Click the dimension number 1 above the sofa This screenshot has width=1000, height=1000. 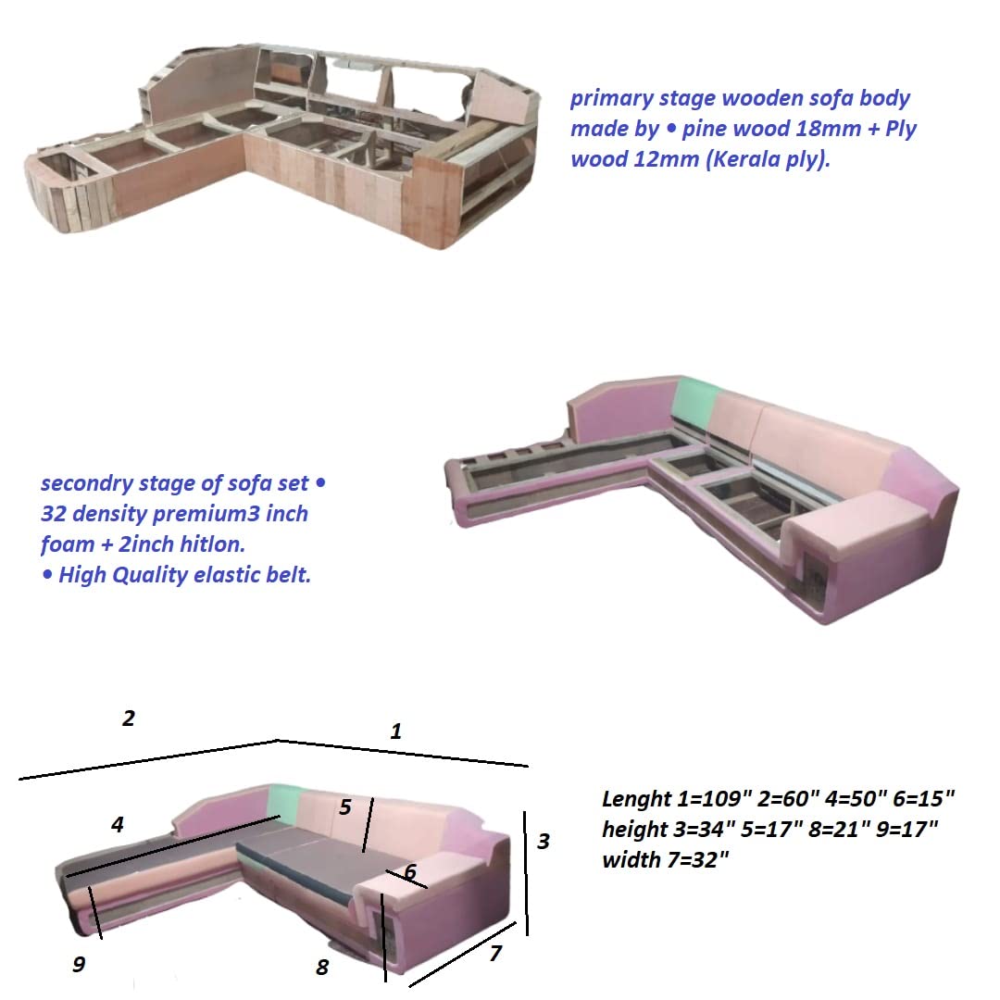(x=396, y=731)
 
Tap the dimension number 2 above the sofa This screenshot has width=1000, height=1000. (x=128, y=719)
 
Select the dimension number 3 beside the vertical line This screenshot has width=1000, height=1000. (x=544, y=841)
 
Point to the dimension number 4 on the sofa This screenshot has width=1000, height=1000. (x=118, y=825)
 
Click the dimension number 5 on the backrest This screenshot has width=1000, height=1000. (x=345, y=806)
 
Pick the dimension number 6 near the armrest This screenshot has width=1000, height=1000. (x=410, y=871)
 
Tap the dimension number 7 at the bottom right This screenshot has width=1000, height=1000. (x=495, y=954)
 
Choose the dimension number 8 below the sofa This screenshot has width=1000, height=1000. (x=322, y=968)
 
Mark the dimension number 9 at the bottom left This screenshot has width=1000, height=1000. (x=79, y=964)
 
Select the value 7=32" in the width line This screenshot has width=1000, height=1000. (x=697, y=859)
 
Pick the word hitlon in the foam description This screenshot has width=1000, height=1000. (x=211, y=544)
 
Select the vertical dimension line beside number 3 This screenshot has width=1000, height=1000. (x=526, y=874)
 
